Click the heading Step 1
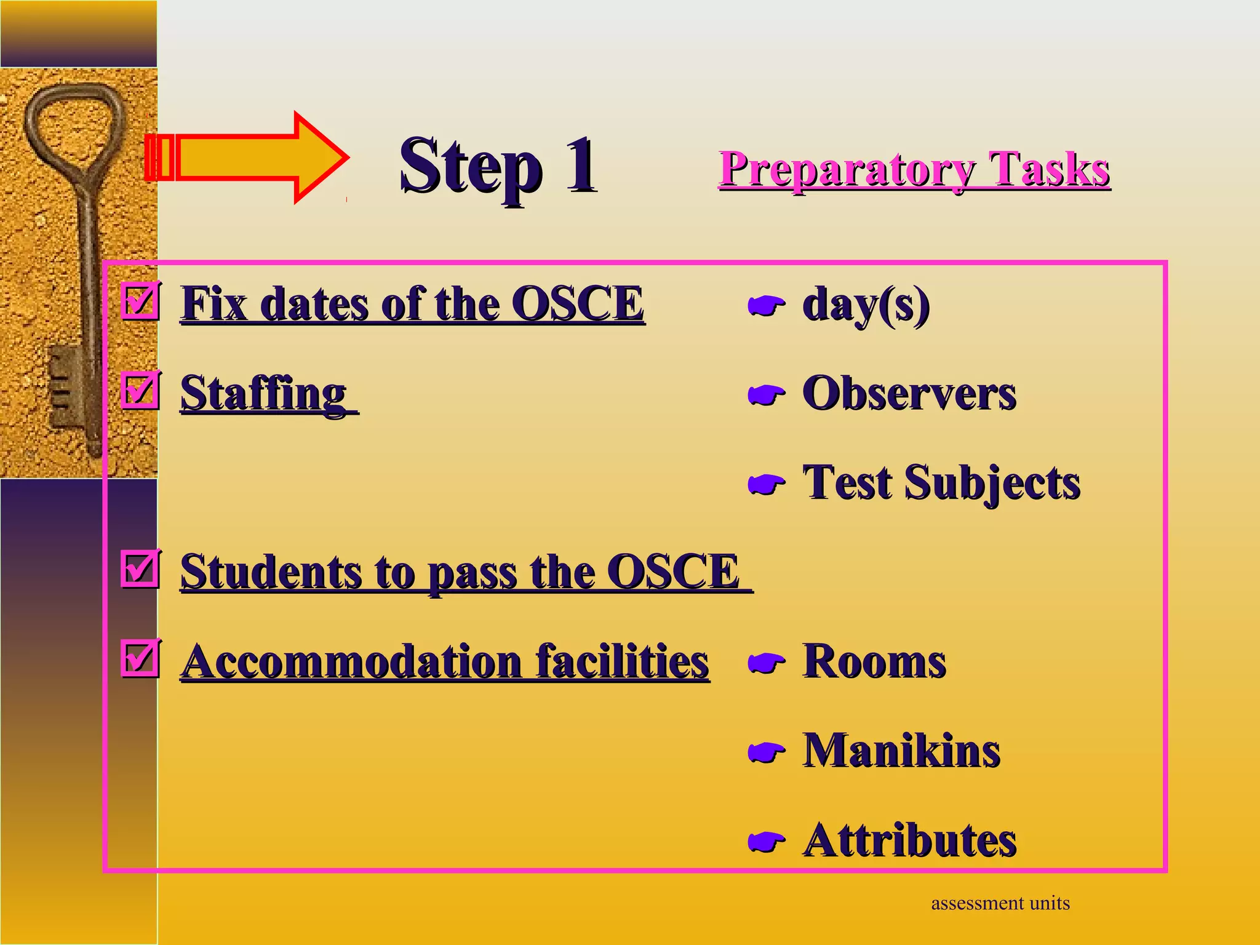coord(498,166)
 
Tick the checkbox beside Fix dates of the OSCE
coord(141,301)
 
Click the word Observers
coord(909,394)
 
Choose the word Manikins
coord(901,751)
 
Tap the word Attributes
coord(909,840)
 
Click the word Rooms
coord(874,662)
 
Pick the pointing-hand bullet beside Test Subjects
coord(766,484)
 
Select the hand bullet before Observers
coord(766,395)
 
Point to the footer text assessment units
coord(1000,903)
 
